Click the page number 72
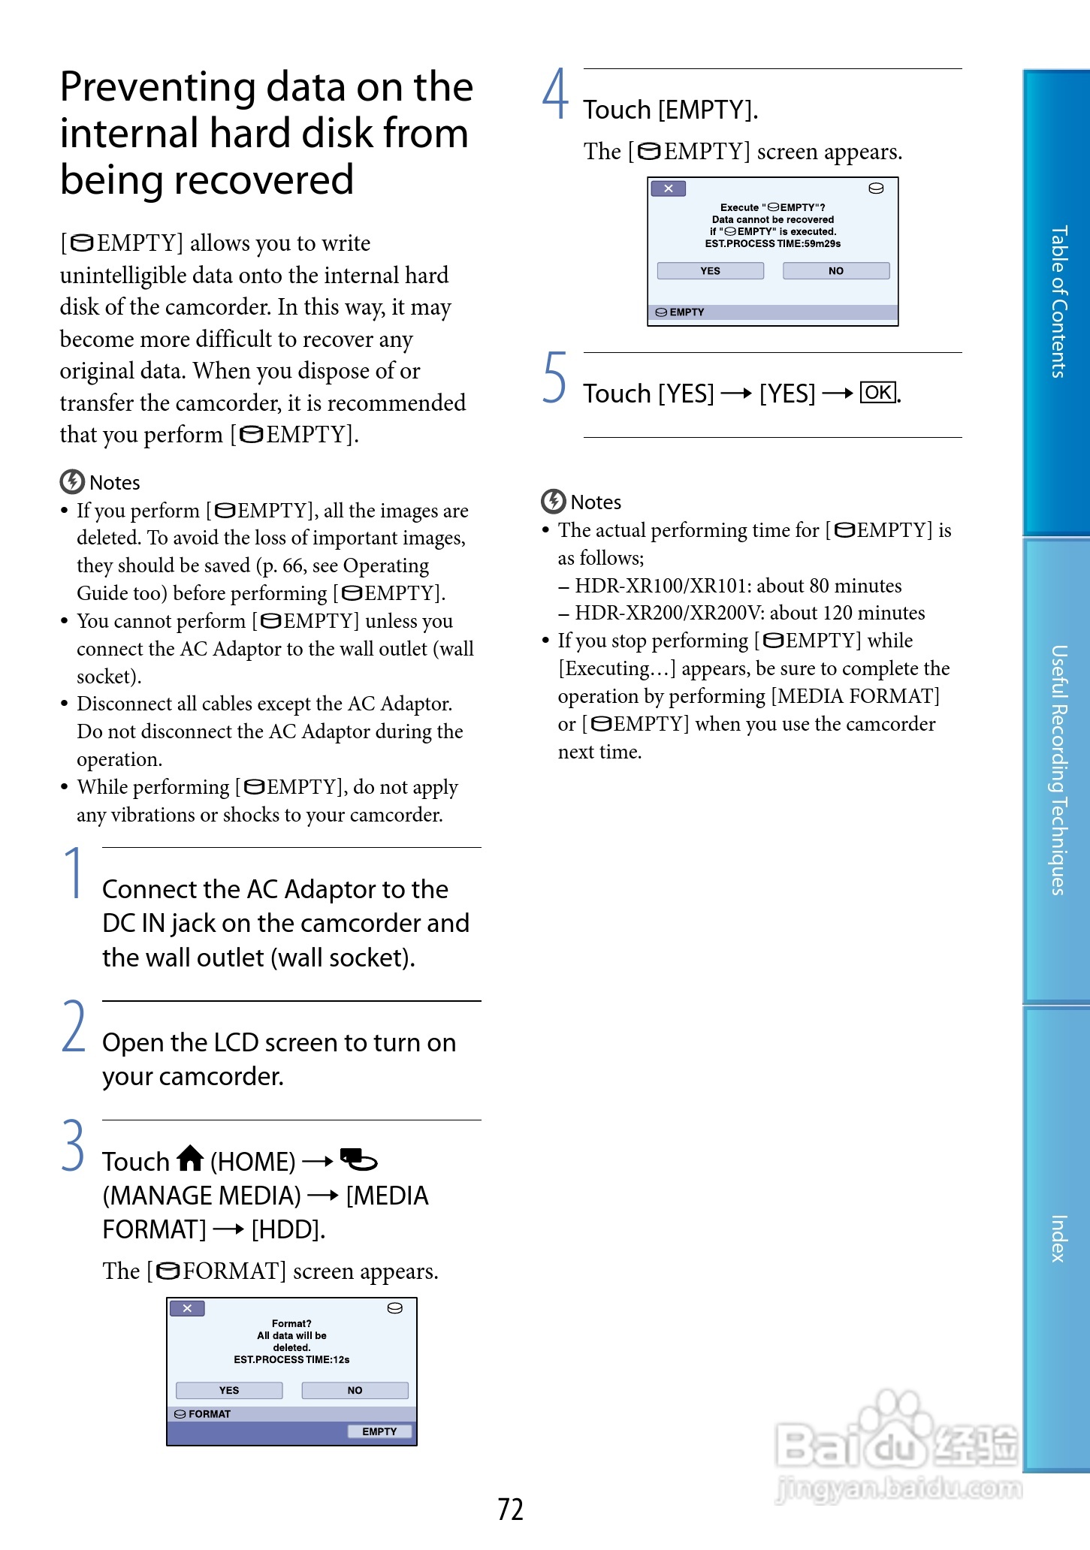tap(510, 1509)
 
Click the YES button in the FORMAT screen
tap(229, 1390)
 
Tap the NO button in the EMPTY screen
tap(835, 270)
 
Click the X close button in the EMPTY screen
tap(668, 188)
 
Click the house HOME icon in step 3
tap(190, 1159)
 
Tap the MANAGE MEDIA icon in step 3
tap(358, 1159)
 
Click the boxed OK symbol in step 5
tap(877, 392)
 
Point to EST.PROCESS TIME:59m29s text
tap(772, 243)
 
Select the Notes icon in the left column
tap(72, 481)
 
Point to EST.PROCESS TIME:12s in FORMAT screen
tap(291, 1359)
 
